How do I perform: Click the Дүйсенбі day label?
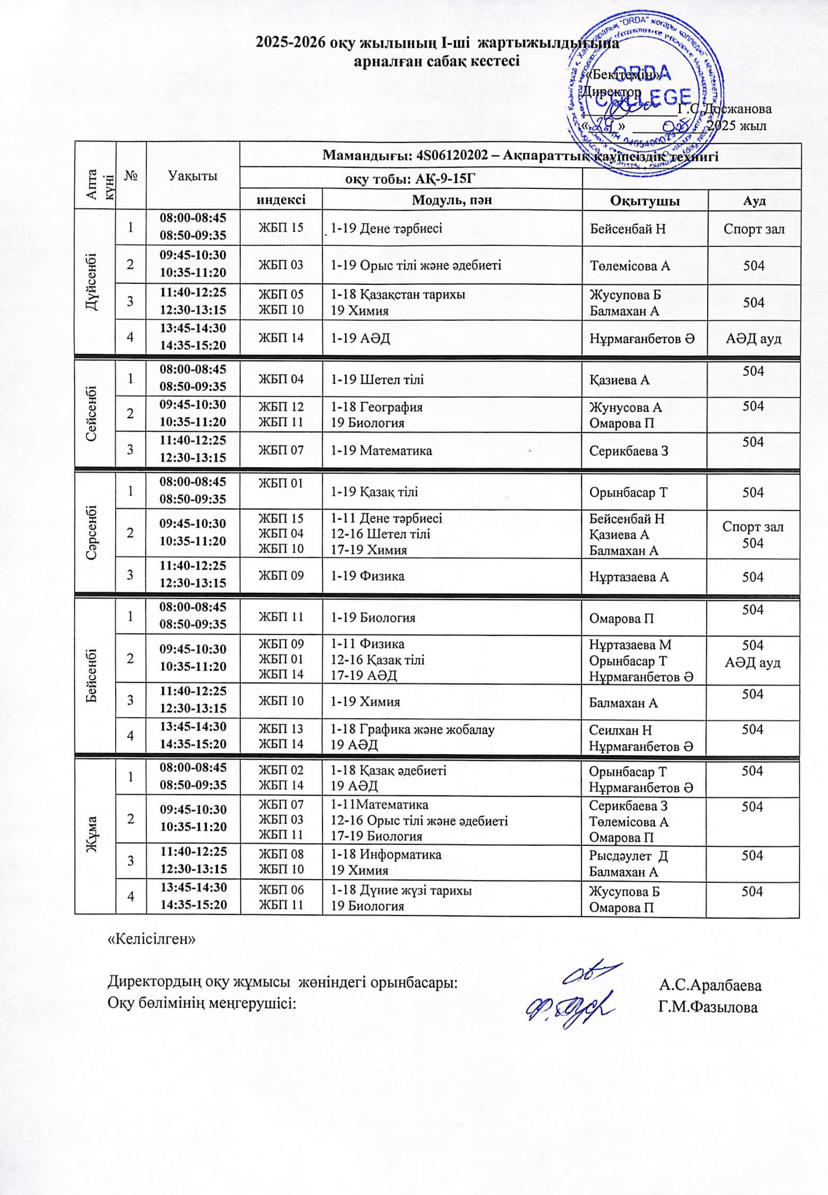[95, 283]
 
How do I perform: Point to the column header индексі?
[281, 200]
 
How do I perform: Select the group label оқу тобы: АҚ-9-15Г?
[411, 179]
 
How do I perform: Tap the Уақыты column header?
[193, 176]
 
